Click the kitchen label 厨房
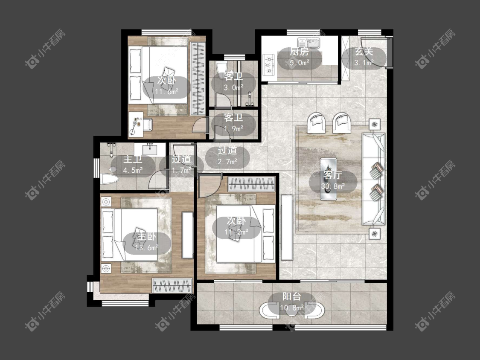coord(300,52)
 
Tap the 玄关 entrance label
coord(364,52)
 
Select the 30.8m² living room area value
coord(333,186)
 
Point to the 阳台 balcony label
coord(291,296)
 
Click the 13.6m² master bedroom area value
coord(147,247)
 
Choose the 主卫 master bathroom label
coord(133,160)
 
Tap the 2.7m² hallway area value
coord(227,161)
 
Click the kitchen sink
coord(308,43)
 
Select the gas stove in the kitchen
coord(269,64)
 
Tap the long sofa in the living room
coord(373,179)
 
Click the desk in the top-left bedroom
coord(136,124)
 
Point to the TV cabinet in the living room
coord(287,227)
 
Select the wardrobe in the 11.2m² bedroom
coord(252,184)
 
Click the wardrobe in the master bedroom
coord(173,286)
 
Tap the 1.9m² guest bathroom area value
coord(233,129)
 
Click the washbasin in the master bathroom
coord(150,149)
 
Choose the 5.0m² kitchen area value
coord(300,63)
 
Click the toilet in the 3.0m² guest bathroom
coord(221,70)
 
